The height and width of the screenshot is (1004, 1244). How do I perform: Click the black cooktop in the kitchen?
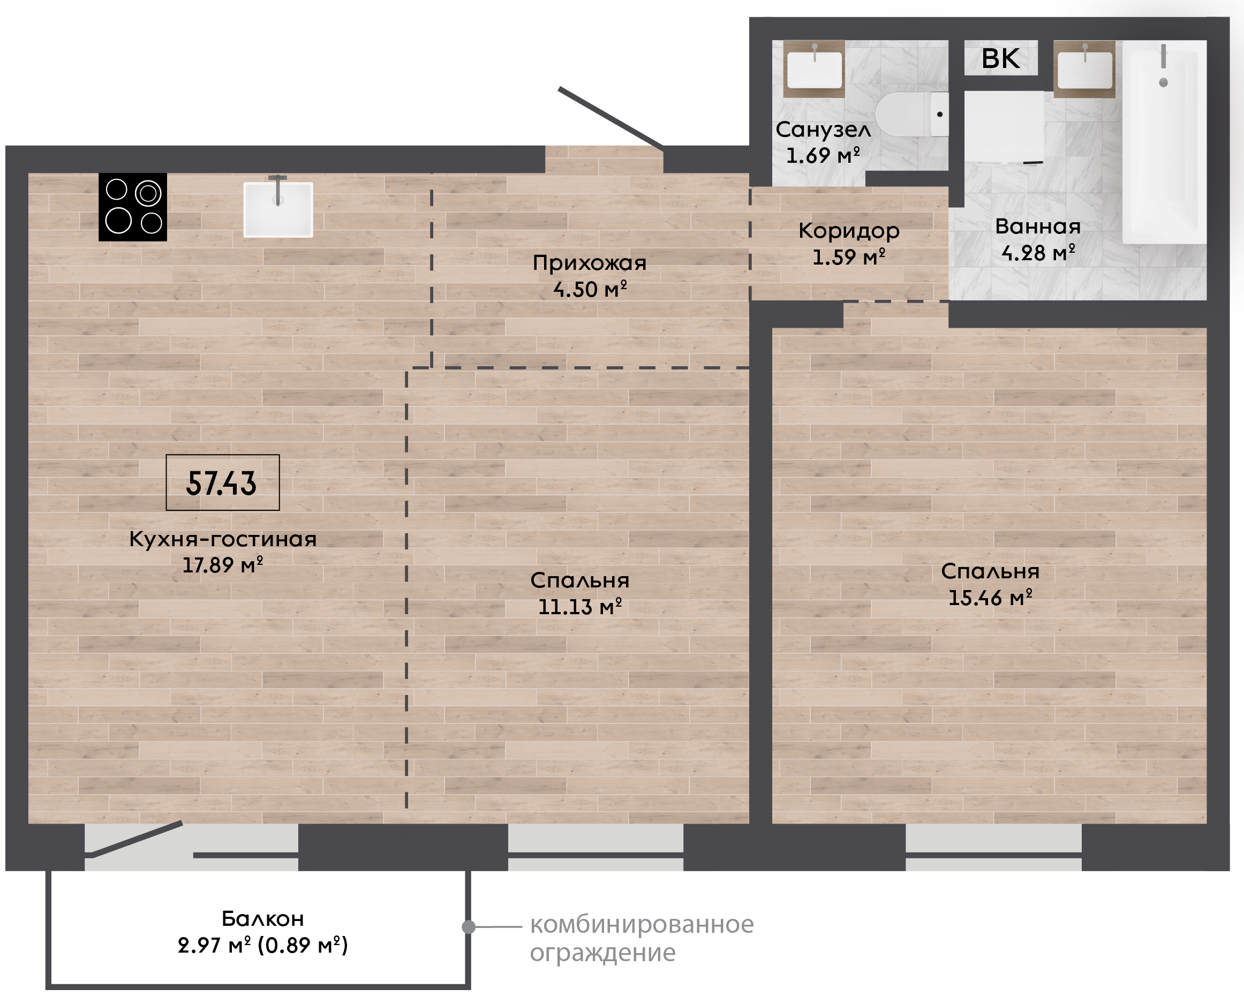(132, 207)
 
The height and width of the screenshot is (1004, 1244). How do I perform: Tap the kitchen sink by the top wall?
(278, 209)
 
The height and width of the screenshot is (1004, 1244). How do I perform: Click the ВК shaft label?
(1000, 58)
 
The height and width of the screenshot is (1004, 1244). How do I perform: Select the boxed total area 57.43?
(222, 482)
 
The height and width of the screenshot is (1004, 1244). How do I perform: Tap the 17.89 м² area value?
(223, 565)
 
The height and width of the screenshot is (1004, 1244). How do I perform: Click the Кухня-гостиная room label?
(223, 539)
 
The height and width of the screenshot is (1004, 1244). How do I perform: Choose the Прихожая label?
(589, 263)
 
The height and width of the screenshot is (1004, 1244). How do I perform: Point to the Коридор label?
(849, 231)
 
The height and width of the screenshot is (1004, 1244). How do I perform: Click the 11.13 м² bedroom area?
(580, 607)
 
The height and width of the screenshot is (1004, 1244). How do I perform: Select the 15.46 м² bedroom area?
(990, 598)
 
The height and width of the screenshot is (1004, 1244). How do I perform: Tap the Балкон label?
(262, 919)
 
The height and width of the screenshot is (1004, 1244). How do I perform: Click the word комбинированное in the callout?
(642, 924)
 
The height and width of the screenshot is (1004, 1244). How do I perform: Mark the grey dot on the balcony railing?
(469, 927)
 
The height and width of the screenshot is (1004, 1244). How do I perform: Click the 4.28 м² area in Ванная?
(1038, 253)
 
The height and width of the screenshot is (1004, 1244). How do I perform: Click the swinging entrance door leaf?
(610, 118)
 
